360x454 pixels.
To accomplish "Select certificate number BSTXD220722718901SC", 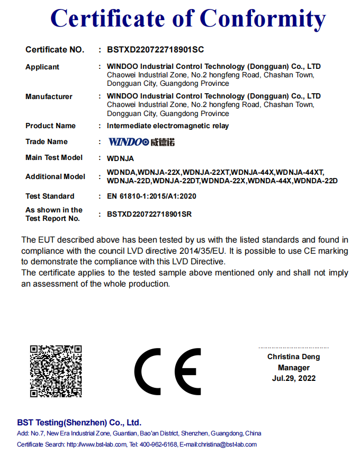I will pos(155,50).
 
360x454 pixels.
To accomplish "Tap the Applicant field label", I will pos(42,67).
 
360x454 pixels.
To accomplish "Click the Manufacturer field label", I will pos(49,96).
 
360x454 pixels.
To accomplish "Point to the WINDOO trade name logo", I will pos(141,142).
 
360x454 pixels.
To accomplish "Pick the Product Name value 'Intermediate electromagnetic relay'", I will pos(168,126).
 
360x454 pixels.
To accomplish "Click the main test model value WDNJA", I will pos(120,158).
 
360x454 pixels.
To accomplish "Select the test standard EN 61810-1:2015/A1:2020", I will pos(151,196).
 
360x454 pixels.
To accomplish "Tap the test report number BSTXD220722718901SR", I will pos(149,215).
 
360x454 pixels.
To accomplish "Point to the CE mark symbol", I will pos(168,370).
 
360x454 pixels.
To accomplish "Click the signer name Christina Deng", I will pos(293,357).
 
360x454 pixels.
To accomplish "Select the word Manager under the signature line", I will pos(294,368).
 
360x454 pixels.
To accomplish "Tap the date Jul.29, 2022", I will pos(294,378).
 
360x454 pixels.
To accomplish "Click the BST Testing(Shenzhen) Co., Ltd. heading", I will pos(79,423).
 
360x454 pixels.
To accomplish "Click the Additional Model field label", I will pos(55,176).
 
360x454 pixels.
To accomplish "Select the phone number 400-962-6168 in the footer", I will pos(158,444).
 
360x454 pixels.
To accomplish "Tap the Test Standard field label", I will pos(50,196).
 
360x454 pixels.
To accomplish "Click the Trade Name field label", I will pos(47,141).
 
